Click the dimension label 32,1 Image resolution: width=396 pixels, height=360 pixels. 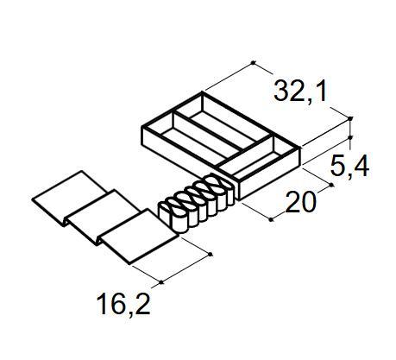point(301,90)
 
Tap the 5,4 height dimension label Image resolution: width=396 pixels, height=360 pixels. point(350,167)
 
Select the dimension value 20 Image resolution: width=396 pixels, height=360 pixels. point(300,203)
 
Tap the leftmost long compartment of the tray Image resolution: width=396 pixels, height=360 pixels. point(183,139)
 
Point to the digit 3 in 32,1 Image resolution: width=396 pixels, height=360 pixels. point(280,90)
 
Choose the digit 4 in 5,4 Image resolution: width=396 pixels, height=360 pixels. point(362,167)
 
